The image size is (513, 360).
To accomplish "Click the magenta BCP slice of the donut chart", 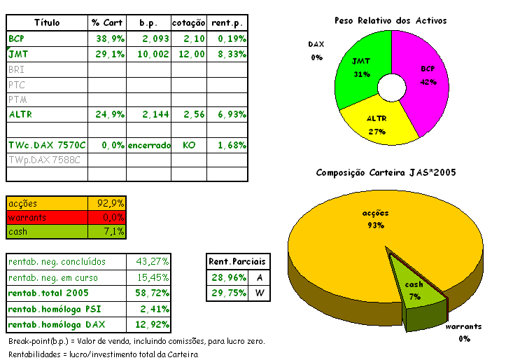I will [x=427, y=77].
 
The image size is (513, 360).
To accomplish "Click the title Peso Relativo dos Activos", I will [x=391, y=21].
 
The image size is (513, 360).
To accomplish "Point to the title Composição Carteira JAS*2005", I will [x=386, y=172].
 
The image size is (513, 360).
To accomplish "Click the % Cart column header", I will [x=107, y=22].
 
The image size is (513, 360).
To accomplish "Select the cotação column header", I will [x=189, y=22].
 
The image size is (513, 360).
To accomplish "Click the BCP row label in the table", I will [x=16, y=38].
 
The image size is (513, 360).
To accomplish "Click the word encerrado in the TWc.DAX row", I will [x=148, y=144].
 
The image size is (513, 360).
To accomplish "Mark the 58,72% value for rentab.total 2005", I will [x=153, y=293].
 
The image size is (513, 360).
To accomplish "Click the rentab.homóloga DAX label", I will [x=57, y=324].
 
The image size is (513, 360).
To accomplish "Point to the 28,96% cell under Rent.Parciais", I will [x=227, y=277].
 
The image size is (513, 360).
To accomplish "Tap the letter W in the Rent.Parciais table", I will [x=258, y=293].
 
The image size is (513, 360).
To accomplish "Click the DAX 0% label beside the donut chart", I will [x=316, y=50].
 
